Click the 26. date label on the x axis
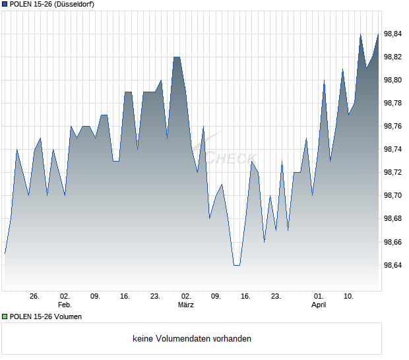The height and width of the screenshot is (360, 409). tap(35, 297)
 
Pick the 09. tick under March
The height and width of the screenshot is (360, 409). tap(216, 297)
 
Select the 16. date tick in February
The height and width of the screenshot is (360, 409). tap(125, 297)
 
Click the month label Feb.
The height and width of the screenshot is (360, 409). tap(65, 305)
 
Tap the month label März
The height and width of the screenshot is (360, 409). tap(185, 305)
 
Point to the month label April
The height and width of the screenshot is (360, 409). tap(319, 305)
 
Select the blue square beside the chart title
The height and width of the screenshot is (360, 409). tap(5, 4)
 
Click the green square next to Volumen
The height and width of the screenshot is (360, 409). tap(5, 317)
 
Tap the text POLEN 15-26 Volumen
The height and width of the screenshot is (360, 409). tap(46, 317)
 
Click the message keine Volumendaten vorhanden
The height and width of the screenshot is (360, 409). tap(192, 339)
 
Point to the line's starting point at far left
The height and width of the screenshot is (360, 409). tap(5, 253)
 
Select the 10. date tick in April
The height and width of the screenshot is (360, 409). tap(349, 297)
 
